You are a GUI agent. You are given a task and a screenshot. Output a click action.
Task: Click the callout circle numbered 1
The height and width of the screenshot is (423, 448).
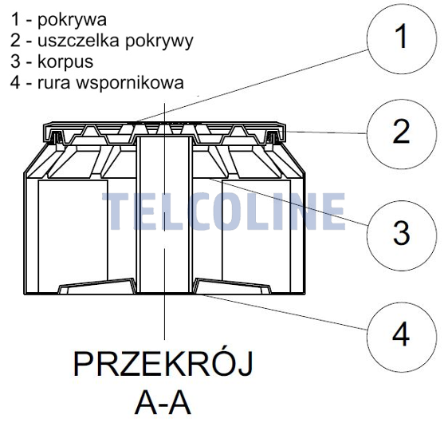pyautogui.click(x=402, y=38)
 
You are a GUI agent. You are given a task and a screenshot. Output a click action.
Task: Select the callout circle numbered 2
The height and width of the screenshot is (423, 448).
pyautogui.click(x=402, y=134)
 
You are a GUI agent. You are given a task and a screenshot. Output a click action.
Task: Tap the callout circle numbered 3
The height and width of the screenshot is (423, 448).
pyautogui.click(x=402, y=235)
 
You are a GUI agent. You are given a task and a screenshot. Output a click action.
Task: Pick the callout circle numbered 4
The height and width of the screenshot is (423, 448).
pyautogui.click(x=402, y=337)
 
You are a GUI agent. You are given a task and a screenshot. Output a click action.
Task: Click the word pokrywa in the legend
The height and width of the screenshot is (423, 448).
pyautogui.click(x=73, y=21)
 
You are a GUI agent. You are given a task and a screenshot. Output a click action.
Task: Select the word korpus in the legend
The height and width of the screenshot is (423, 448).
pyautogui.click(x=65, y=62)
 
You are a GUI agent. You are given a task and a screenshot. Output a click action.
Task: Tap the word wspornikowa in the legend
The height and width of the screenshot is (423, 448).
pyautogui.click(x=130, y=83)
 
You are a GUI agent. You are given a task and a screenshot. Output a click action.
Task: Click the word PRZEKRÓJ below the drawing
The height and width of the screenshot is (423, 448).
pyautogui.click(x=163, y=365)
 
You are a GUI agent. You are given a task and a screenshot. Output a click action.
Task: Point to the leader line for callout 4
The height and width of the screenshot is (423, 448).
pyautogui.click(x=284, y=312)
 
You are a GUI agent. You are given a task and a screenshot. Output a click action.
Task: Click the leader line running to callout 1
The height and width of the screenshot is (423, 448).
pyautogui.click(x=251, y=86)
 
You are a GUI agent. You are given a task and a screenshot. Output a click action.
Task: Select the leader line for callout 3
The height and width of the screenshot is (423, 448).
pyautogui.click(x=289, y=202)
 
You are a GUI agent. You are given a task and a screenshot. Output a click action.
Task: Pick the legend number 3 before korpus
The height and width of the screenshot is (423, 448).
pyautogui.click(x=15, y=61)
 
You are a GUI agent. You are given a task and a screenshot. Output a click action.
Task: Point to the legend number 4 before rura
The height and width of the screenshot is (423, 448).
pyautogui.click(x=15, y=82)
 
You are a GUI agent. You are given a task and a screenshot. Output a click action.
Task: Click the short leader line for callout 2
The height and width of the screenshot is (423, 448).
pyautogui.click(x=327, y=132)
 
